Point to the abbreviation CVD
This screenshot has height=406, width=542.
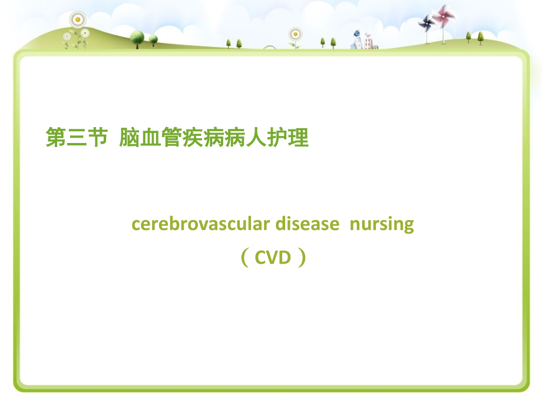[x=273, y=257]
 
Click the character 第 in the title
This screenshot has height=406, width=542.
[x=56, y=138]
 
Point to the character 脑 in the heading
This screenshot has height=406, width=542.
[x=129, y=138]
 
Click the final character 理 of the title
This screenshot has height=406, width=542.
[x=299, y=138]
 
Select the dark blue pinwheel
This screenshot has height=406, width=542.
[x=427, y=22]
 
